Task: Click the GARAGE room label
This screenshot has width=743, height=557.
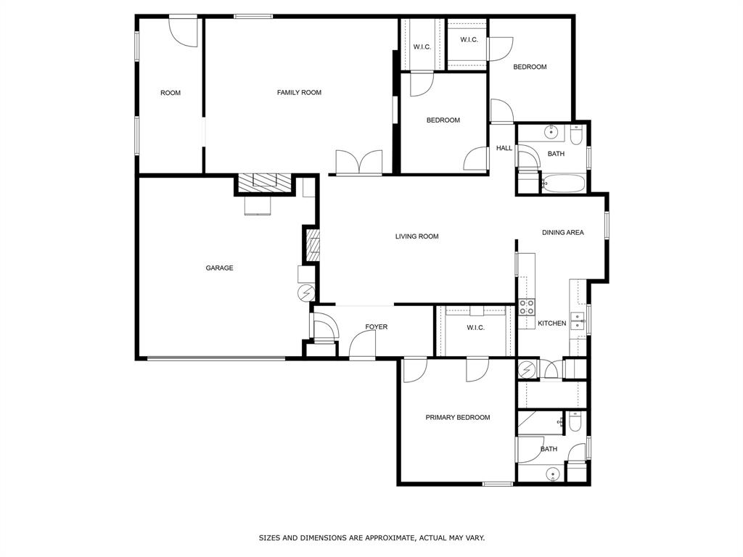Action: [x=219, y=268]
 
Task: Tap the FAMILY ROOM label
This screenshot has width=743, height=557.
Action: [x=299, y=93]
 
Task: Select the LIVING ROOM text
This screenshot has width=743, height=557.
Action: [x=416, y=236]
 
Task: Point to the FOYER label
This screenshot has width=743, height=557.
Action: [x=376, y=327]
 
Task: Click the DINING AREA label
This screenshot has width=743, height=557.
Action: [x=563, y=233]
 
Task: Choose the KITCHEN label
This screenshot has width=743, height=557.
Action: [x=551, y=323]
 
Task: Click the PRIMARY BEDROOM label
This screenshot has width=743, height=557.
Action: [x=457, y=418]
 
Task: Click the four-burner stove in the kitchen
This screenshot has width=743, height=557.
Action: [x=526, y=307]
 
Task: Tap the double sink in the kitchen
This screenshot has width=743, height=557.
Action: [x=578, y=321]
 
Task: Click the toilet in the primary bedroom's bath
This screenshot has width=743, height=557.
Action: [x=575, y=421]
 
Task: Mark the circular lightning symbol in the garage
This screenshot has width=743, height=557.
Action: [x=306, y=292]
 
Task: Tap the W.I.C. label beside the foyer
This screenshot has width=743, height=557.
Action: [x=475, y=328]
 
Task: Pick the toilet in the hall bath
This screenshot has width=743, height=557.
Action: [x=576, y=135]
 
